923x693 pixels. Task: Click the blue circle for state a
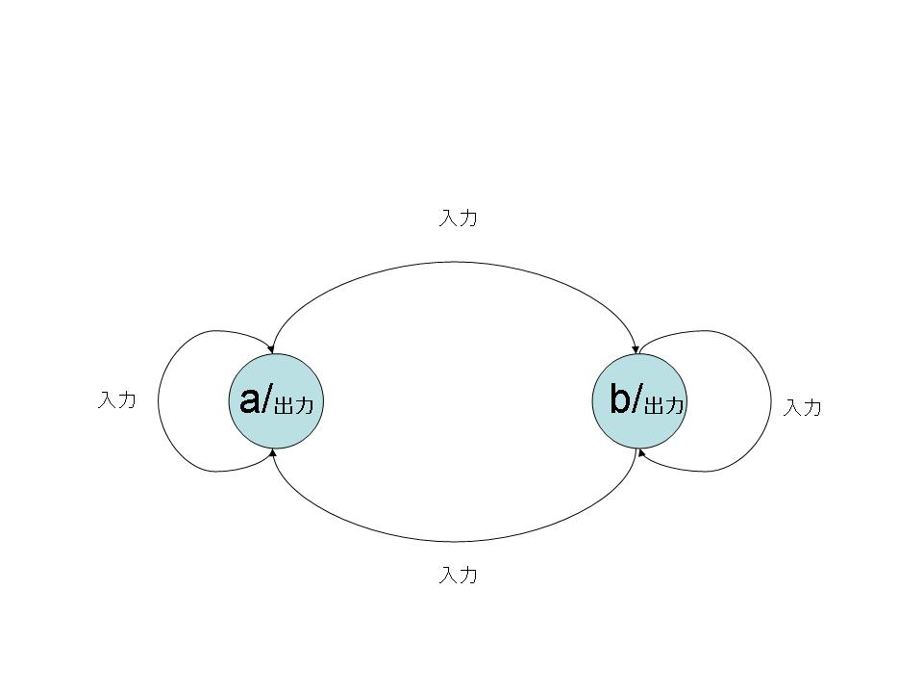276,401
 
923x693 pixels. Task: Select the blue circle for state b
639,401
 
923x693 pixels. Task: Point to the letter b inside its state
620,398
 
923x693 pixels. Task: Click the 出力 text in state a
294,405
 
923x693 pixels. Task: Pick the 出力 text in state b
664,405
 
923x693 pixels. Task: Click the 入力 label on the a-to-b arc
458,218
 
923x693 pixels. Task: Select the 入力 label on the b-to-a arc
458,575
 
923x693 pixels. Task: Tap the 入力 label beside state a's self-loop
116,400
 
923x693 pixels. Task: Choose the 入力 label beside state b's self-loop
802,407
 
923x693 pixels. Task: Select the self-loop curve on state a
158,401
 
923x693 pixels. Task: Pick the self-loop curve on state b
770,401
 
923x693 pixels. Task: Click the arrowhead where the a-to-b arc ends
635,350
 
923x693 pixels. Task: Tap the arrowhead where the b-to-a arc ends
272,452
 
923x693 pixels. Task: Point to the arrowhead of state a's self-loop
270,349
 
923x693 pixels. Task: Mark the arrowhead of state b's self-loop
641,453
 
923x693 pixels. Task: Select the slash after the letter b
637,399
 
